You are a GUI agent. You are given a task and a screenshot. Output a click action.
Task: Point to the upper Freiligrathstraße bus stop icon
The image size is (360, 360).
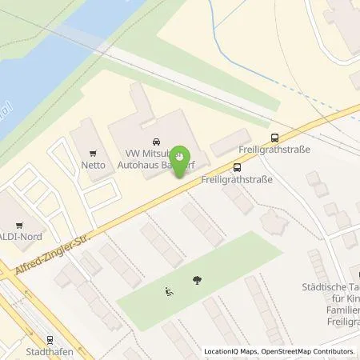click(275, 137)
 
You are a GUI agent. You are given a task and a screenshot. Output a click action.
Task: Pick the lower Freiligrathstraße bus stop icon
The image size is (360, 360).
click(236, 167)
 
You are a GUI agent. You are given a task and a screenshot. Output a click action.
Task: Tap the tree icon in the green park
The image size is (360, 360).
click(197, 279)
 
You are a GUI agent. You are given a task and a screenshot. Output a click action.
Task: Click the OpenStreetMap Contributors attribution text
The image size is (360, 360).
click(310, 350)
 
